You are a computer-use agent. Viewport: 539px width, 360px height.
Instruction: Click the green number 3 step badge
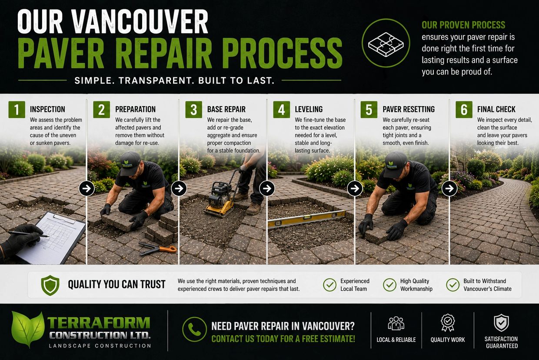pyautogui.click(x=193, y=110)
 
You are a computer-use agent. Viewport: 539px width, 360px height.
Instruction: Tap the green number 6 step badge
pyautogui.click(x=464, y=110)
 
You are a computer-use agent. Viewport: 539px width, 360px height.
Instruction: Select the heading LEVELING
pyautogui.click(x=309, y=109)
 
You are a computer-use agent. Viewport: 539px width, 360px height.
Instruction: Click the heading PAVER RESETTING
pyautogui.click(x=409, y=109)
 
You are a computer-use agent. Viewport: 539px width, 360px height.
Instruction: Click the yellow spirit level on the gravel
pyautogui.click(x=307, y=219)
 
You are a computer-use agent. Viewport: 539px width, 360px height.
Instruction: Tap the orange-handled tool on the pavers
pyautogui.click(x=158, y=249)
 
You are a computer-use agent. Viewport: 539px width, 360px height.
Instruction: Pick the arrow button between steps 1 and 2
pyautogui.click(x=87, y=188)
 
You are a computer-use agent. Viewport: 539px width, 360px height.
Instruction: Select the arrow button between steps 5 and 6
pyautogui.click(x=449, y=188)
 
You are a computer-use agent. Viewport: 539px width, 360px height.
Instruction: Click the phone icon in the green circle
pyautogui.click(x=194, y=329)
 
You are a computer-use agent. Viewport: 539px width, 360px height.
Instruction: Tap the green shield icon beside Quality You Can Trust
pyautogui.click(x=50, y=285)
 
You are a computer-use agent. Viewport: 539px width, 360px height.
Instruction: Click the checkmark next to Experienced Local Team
pyautogui.click(x=329, y=285)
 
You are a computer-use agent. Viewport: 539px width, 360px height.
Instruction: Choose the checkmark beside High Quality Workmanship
pyautogui.click(x=389, y=285)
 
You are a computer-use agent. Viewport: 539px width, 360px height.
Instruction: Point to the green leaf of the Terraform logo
pyautogui.click(x=28, y=329)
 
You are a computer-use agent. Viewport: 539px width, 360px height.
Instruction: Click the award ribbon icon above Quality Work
pyautogui.click(x=448, y=323)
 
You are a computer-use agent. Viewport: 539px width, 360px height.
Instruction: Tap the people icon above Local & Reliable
pyautogui.click(x=396, y=323)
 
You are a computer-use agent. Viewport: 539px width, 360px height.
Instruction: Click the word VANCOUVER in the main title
pyautogui.click(x=140, y=22)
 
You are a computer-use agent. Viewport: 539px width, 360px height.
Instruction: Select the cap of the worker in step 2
pyautogui.click(x=130, y=163)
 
